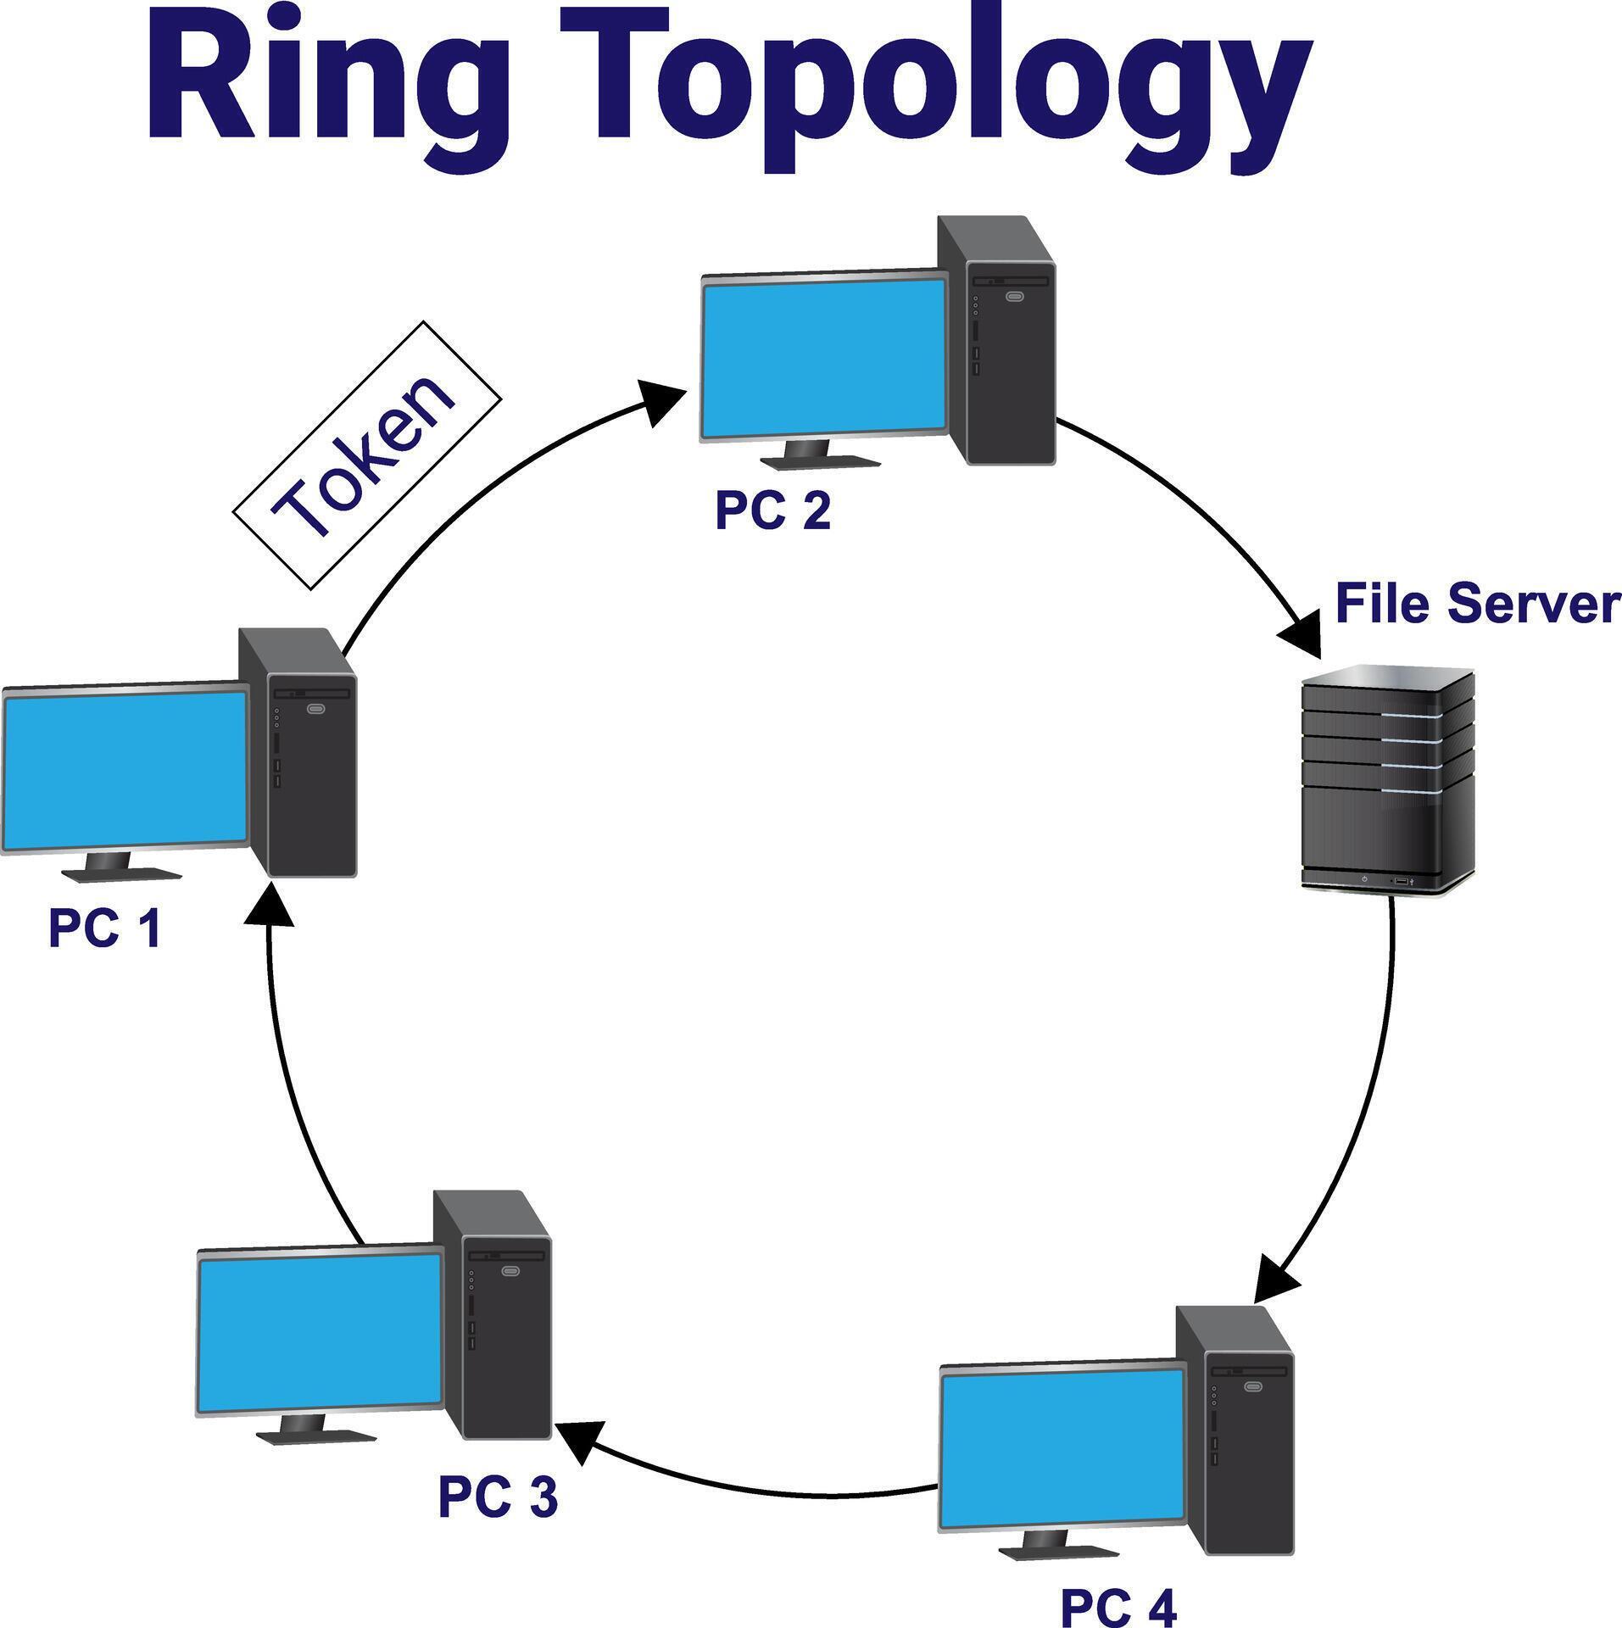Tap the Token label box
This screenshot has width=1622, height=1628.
367,455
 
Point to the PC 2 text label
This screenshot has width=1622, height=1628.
772,511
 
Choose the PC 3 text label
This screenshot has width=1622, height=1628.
498,1497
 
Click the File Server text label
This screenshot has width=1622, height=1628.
1477,604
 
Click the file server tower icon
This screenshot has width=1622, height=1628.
1387,778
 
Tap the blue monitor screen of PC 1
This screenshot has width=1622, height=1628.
125,768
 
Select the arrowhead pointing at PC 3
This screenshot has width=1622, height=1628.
579,1439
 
